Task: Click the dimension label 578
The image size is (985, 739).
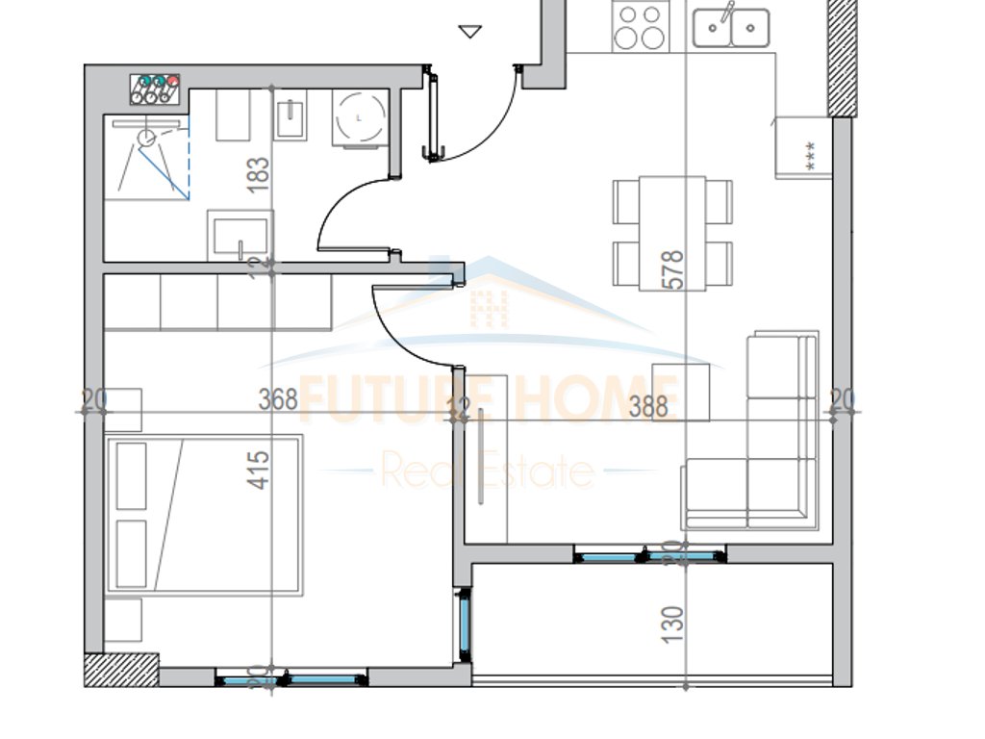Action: coord(673,269)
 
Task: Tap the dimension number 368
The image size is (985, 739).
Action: coord(278,399)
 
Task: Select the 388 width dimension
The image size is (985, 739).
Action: coord(648,407)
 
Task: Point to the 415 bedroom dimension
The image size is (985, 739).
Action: coord(259,465)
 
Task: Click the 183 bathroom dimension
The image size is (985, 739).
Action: coord(258,175)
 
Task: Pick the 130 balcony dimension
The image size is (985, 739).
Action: coord(673,624)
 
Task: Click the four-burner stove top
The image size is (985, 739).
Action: coord(641,26)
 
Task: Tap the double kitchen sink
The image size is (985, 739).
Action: coord(731,26)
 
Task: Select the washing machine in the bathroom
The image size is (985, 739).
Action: coord(360,117)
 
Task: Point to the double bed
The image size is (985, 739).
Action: coord(204,515)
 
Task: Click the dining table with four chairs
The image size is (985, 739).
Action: coord(672,233)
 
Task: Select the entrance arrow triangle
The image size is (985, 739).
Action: coord(469,33)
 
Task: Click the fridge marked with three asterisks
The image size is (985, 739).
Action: coord(803,147)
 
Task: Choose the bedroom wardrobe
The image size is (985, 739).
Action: coord(217,302)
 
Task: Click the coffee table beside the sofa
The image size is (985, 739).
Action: coord(681,393)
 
